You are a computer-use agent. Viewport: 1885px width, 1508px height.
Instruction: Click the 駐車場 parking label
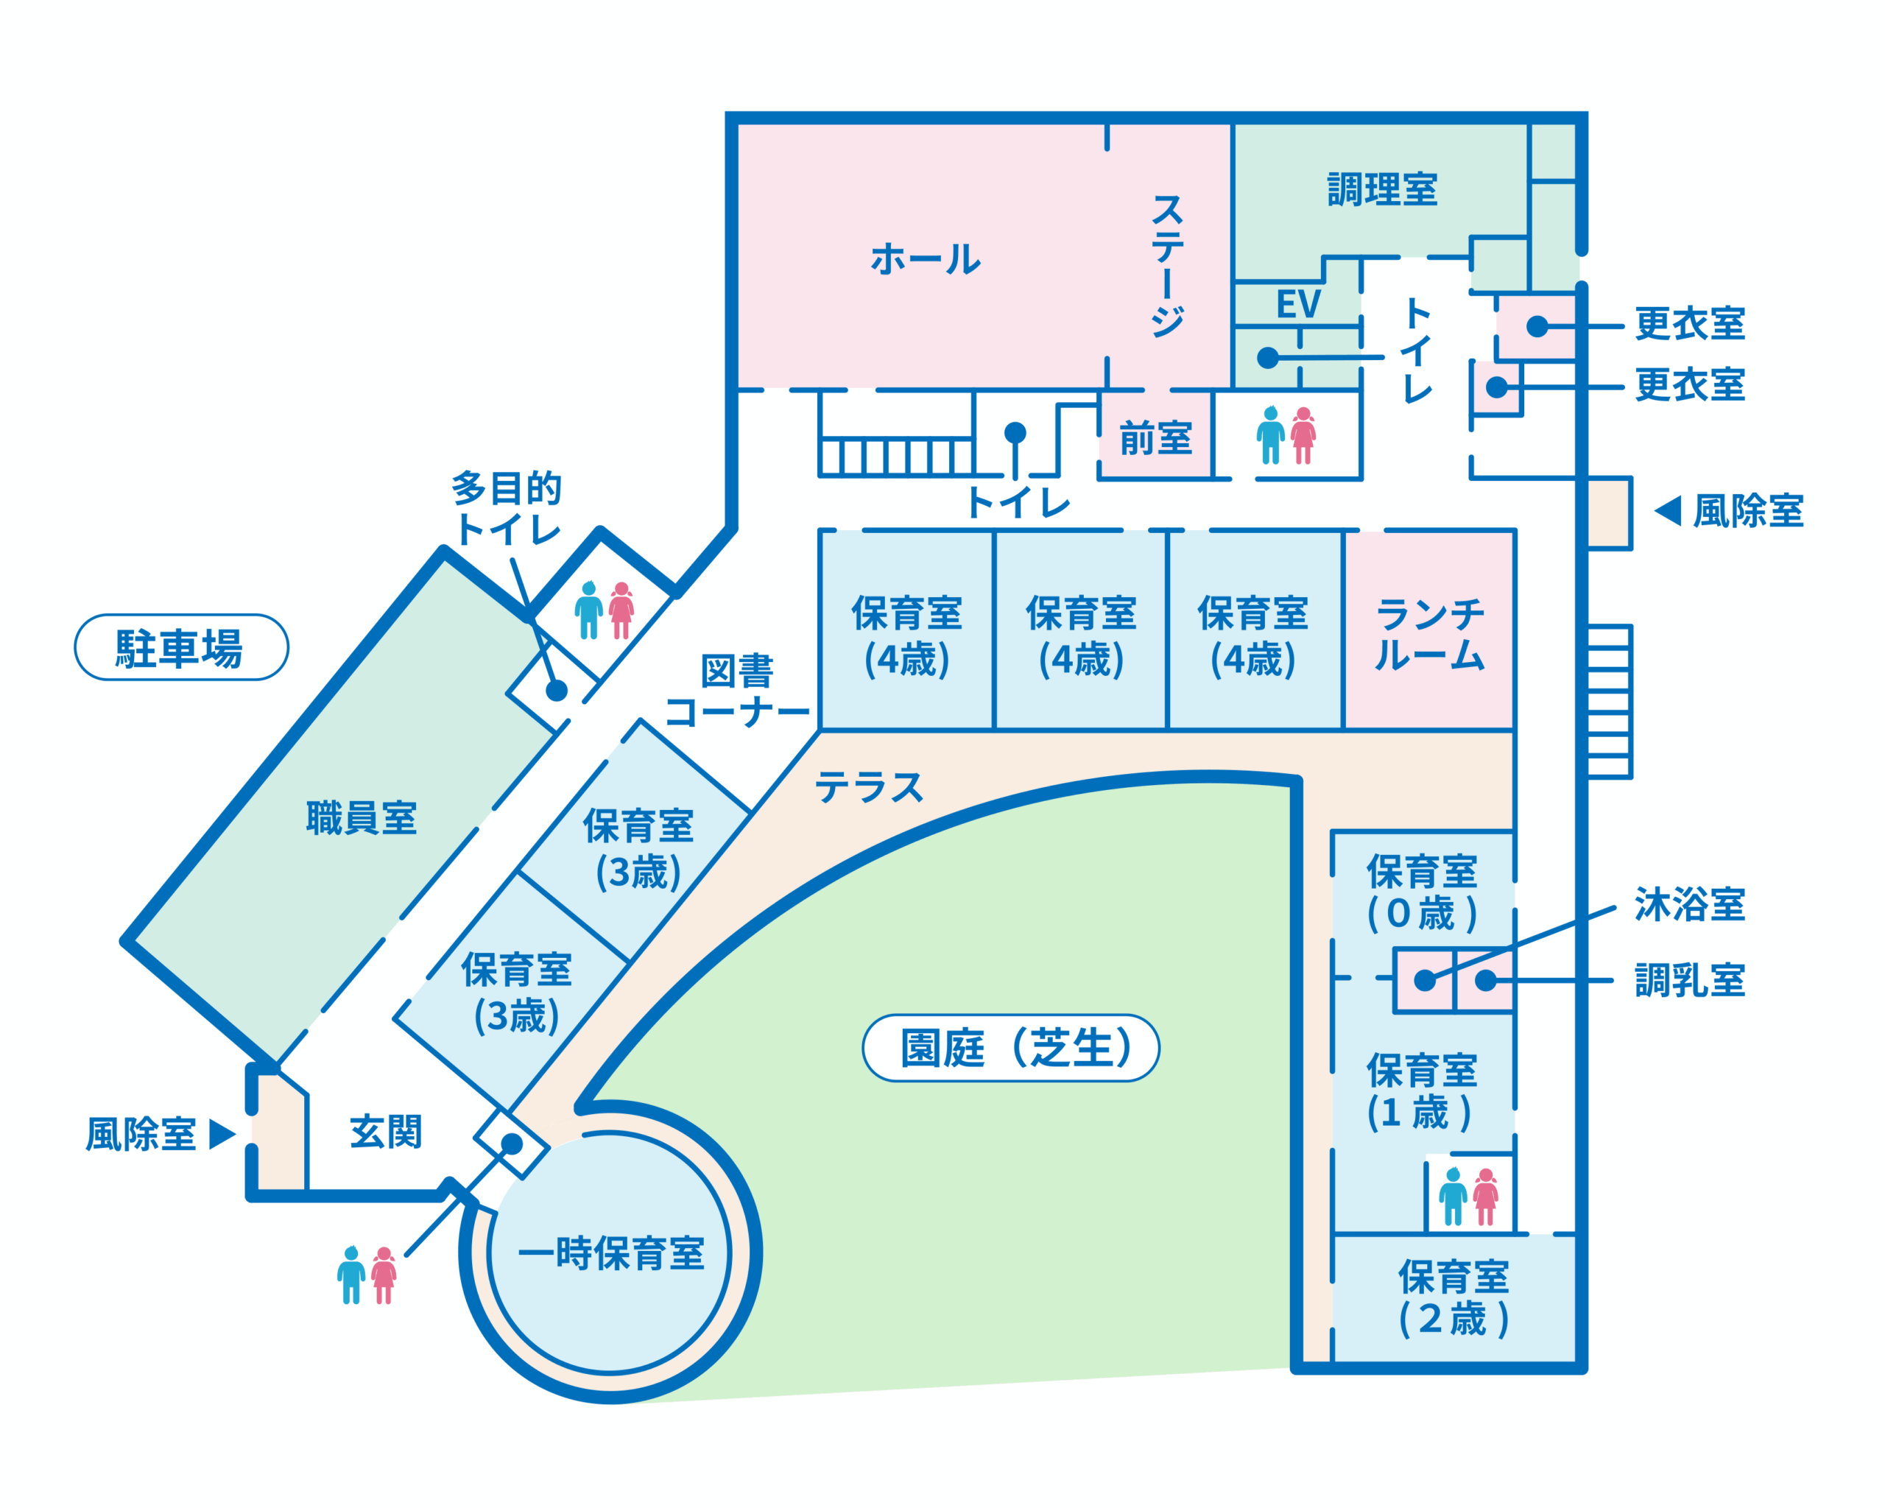[180, 648]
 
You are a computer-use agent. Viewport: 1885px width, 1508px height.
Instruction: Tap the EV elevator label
[1297, 305]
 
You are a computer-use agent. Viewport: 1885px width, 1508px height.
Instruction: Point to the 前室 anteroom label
[1156, 438]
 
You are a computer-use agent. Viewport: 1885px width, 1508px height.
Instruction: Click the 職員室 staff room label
[361, 818]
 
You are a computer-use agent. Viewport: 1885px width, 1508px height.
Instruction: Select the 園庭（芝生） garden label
[1011, 1049]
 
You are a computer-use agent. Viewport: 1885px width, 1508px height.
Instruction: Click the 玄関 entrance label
[386, 1132]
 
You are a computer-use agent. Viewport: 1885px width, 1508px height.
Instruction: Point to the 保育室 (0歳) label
[1422, 892]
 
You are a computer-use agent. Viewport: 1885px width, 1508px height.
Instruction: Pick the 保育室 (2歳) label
[1453, 1297]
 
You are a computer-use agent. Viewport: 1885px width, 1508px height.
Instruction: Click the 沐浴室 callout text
[1689, 905]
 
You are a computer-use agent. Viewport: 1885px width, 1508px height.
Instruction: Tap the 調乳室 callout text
[1689, 981]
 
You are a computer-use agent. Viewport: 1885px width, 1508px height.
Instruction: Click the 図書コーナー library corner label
[737, 691]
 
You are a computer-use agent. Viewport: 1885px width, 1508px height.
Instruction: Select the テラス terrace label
[868, 788]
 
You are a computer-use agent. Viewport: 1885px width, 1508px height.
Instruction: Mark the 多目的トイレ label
[507, 508]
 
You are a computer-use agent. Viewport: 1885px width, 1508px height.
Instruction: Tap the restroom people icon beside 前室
[1286, 435]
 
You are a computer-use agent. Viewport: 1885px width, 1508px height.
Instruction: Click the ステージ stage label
[1167, 265]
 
